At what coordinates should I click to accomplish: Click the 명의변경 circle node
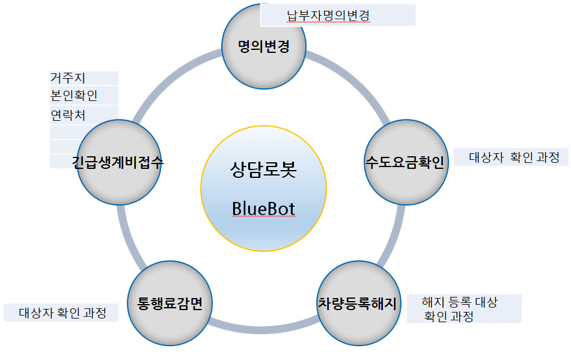(x=264, y=46)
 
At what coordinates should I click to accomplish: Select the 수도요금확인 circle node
(x=406, y=162)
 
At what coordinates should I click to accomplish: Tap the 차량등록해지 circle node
(x=359, y=304)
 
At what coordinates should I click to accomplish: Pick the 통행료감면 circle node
(x=169, y=304)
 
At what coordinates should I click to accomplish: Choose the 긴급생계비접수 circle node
(x=119, y=162)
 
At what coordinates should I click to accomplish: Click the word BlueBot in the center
(x=264, y=209)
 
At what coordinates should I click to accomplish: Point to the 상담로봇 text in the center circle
(x=264, y=169)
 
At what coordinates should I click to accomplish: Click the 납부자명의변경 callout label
(x=338, y=15)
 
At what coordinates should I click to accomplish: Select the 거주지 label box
(x=84, y=78)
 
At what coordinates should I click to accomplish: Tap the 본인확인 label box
(x=84, y=96)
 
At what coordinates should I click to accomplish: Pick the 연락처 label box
(x=84, y=115)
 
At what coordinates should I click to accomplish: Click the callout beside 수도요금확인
(x=511, y=157)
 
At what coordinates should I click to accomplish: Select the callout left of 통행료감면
(x=61, y=313)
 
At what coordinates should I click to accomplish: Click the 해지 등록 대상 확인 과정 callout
(x=464, y=309)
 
